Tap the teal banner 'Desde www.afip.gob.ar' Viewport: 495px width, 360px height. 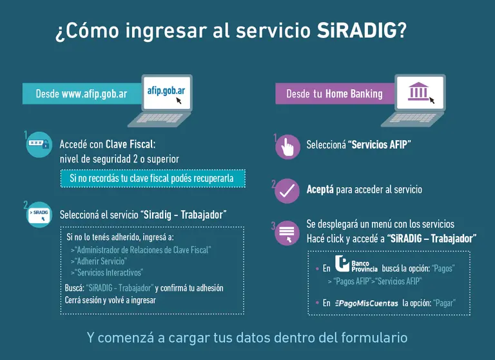pyautogui.click(x=81, y=94)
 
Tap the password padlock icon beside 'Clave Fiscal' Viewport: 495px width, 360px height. pyautogui.click(x=38, y=145)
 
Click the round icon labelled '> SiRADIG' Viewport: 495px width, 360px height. pyautogui.click(x=39, y=214)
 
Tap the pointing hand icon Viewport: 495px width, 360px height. pyautogui.click(x=287, y=146)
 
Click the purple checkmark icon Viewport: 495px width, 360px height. pyautogui.click(x=287, y=191)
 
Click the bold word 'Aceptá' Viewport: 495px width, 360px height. pyautogui.click(x=320, y=190)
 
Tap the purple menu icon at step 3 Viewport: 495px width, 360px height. pyautogui.click(x=287, y=234)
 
